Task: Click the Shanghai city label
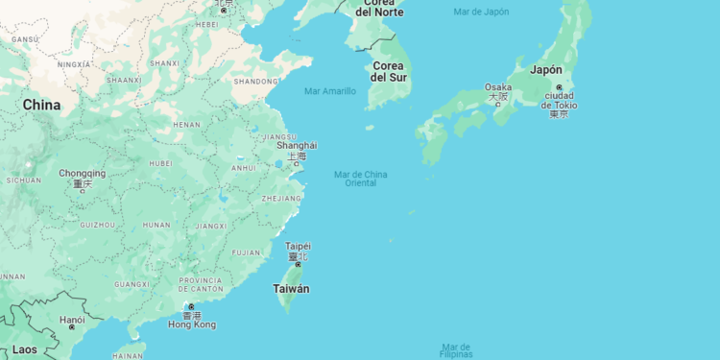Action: tap(296, 146)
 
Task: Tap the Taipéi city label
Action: tap(298, 246)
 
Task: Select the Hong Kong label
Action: tap(192, 324)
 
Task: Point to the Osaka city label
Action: tap(498, 87)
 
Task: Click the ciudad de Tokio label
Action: tap(559, 104)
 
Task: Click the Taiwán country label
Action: tap(292, 289)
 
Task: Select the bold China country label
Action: tap(41, 105)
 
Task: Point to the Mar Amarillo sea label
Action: tap(329, 91)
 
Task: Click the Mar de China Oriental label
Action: tap(361, 178)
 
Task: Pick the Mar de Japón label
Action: tap(482, 12)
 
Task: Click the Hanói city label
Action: tap(72, 320)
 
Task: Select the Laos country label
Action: tap(25, 349)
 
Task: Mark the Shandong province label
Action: tap(256, 82)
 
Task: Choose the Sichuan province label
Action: tap(23, 180)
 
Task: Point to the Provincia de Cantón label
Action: tap(201, 285)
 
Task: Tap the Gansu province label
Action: tap(24, 38)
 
